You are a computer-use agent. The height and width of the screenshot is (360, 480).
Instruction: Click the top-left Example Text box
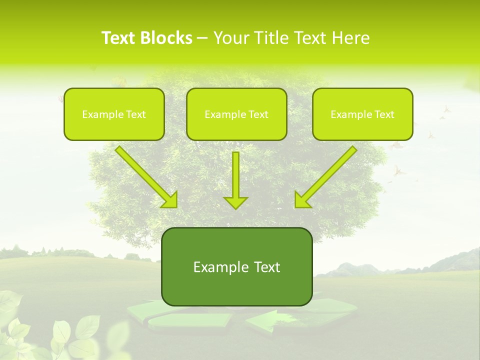(x=114, y=114)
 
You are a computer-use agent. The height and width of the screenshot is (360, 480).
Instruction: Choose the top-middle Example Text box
(x=236, y=114)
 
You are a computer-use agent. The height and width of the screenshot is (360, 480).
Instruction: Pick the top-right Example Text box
(x=362, y=114)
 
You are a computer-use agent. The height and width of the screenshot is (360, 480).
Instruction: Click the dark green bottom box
(x=236, y=266)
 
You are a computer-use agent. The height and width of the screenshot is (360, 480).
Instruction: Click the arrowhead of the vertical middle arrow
(x=235, y=202)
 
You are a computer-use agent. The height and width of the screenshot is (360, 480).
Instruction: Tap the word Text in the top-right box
(x=384, y=114)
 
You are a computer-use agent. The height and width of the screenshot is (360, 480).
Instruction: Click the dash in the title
(x=202, y=38)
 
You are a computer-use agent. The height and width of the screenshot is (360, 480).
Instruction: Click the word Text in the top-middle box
(x=258, y=114)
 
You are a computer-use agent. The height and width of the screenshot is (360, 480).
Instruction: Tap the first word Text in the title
(x=118, y=38)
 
